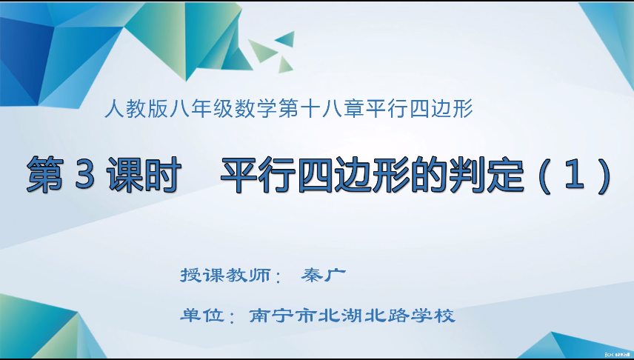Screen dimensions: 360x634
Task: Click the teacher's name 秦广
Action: pos(324,275)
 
